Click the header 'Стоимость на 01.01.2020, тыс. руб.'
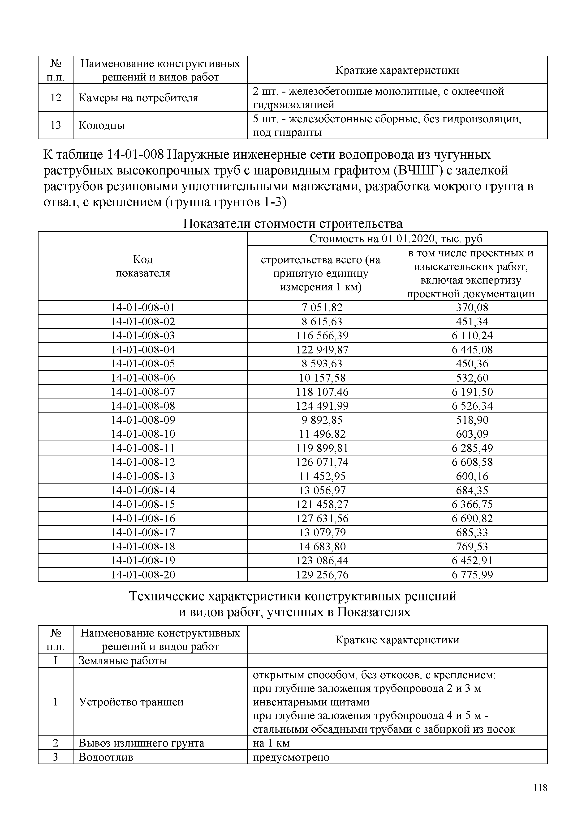point(397,239)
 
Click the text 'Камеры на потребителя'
point(138,98)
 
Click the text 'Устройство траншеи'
point(131,702)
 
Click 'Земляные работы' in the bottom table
point(123,661)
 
